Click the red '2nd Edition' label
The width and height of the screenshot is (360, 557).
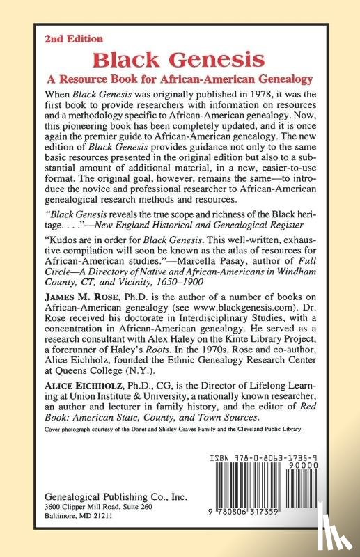point(73,39)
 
